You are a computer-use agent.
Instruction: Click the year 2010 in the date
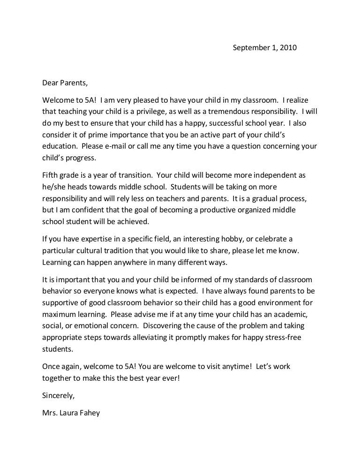(x=288, y=48)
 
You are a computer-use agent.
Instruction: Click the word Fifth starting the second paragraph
(x=49, y=175)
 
